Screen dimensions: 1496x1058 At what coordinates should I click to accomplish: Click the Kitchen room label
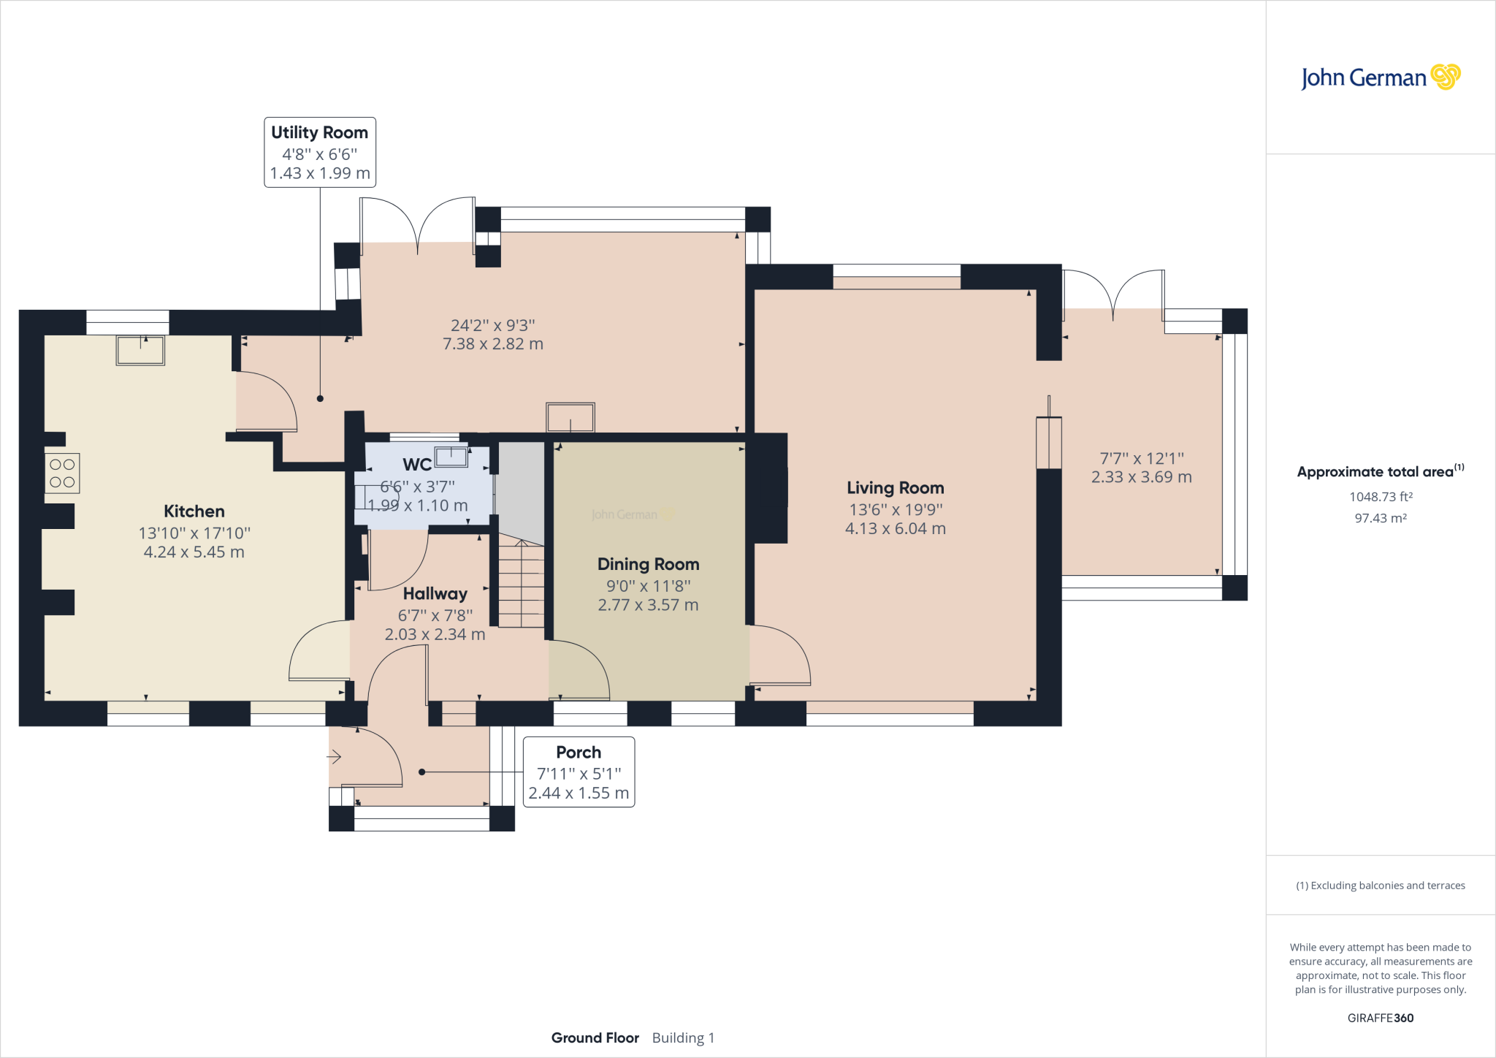pyautogui.click(x=194, y=511)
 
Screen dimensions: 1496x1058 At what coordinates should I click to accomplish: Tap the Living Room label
pyautogui.click(x=896, y=488)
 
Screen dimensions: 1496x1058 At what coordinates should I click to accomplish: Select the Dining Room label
pyautogui.click(x=649, y=564)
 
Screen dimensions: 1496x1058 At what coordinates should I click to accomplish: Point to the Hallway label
pyautogui.click(x=435, y=594)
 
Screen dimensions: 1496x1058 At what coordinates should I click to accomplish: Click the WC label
pyautogui.click(x=417, y=465)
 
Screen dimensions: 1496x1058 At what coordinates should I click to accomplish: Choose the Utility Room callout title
pyautogui.click(x=320, y=133)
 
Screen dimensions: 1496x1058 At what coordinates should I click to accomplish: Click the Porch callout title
pyautogui.click(x=579, y=753)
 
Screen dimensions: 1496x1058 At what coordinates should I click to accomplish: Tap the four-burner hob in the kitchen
pyautogui.click(x=62, y=473)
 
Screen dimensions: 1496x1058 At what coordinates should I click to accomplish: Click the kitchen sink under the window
pyautogui.click(x=140, y=350)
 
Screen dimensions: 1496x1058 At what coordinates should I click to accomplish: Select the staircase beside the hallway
pyautogui.click(x=522, y=583)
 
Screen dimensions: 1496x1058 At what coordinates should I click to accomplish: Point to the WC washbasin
pyautogui.click(x=451, y=457)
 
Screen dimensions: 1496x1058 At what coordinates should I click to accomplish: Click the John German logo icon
pyautogui.click(x=1445, y=77)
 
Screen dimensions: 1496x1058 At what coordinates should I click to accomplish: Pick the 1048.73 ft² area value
pyautogui.click(x=1381, y=497)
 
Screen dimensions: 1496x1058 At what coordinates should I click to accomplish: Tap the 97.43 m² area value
pyautogui.click(x=1381, y=518)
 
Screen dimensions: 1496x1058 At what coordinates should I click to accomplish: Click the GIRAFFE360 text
pyautogui.click(x=1381, y=1018)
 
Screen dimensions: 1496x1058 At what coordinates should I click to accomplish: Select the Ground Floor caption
pyautogui.click(x=595, y=1038)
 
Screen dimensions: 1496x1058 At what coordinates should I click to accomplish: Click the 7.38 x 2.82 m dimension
pyautogui.click(x=493, y=344)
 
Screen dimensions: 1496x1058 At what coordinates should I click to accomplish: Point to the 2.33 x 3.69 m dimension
pyautogui.click(x=1142, y=477)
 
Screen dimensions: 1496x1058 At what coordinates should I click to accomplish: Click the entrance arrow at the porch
pyautogui.click(x=334, y=757)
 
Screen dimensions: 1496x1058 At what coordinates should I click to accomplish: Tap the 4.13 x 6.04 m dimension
pyautogui.click(x=896, y=529)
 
